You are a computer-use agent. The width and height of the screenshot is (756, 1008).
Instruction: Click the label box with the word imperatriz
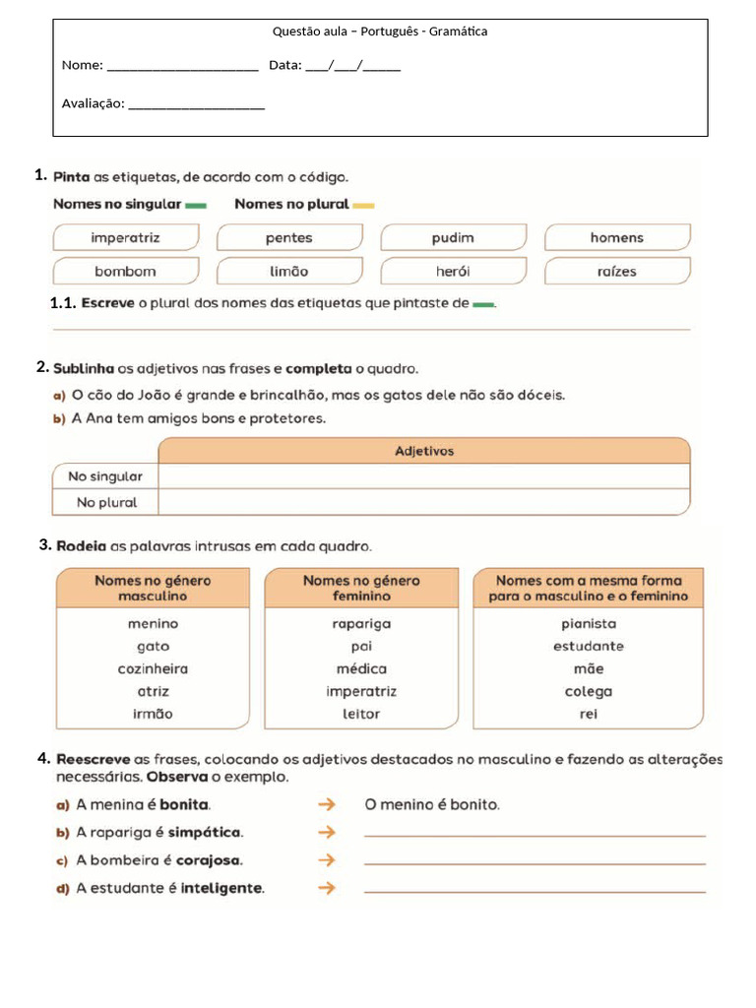[x=125, y=237]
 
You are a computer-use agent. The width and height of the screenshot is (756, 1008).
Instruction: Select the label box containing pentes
[x=288, y=237]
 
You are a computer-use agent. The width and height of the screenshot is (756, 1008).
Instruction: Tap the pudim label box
[x=453, y=237]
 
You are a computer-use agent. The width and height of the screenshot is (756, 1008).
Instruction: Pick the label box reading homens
[x=616, y=237]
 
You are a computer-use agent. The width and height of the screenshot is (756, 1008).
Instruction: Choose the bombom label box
[x=125, y=271]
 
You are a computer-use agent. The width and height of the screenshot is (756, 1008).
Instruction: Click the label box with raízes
[x=616, y=271]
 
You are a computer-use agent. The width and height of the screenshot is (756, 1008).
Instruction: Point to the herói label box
[x=453, y=271]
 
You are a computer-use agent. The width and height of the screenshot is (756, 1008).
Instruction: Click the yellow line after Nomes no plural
[x=363, y=206]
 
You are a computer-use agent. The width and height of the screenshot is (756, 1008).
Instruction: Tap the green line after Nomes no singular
[x=196, y=206]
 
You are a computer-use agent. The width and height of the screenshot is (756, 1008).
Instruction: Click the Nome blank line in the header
[x=182, y=68]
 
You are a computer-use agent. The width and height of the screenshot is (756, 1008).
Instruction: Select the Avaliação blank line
[x=197, y=106]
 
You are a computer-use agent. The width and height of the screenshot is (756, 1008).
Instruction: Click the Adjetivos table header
[x=424, y=451]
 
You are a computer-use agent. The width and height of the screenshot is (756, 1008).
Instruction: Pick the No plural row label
[x=105, y=502]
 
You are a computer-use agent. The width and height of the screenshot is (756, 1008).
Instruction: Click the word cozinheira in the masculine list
[x=153, y=669]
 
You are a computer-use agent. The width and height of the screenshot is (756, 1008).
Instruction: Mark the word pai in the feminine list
[x=361, y=647]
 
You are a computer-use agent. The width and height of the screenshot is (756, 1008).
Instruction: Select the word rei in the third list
[x=589, y=715]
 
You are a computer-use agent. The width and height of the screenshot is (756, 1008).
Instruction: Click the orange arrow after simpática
[x=327, y=833]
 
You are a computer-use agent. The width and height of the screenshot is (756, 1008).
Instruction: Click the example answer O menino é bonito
[x=432, y=805]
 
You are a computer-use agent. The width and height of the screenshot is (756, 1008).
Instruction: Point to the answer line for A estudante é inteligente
[x=535, y=890]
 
